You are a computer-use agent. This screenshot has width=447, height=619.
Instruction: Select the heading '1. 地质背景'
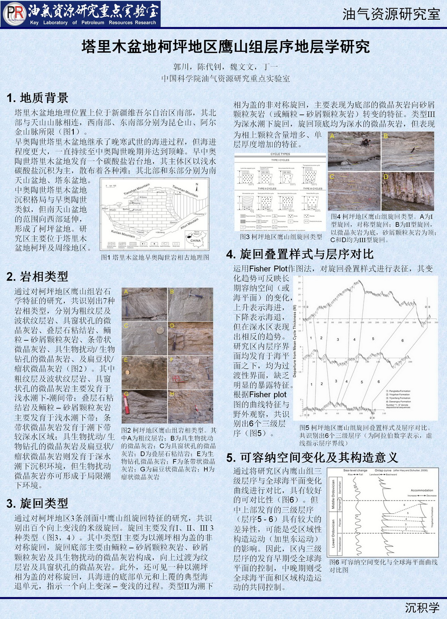tap(38, 98)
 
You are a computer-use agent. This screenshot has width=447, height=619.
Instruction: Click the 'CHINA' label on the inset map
tap(196, 240)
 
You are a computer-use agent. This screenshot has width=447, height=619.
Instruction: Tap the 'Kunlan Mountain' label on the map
tap(123, 233)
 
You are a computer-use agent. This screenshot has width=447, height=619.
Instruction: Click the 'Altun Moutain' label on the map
tap(189, 224)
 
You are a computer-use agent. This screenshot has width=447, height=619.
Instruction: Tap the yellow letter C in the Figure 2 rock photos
tap(126, 326)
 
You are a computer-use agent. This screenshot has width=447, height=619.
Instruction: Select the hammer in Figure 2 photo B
tap(195, 296)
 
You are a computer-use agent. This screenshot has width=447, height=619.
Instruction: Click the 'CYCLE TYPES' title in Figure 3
tap(280, 154)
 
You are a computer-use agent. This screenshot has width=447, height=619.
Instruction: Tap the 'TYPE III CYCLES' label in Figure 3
tap(312, 189)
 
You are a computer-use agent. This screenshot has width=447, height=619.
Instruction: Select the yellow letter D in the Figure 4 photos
tap(386, 177)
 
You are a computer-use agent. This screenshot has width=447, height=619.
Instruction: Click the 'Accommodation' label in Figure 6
tap(422, 490)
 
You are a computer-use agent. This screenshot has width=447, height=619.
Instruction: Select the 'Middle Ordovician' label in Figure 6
tap(333, 494)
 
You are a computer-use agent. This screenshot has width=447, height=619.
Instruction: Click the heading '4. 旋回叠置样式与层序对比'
tap(300, 254)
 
